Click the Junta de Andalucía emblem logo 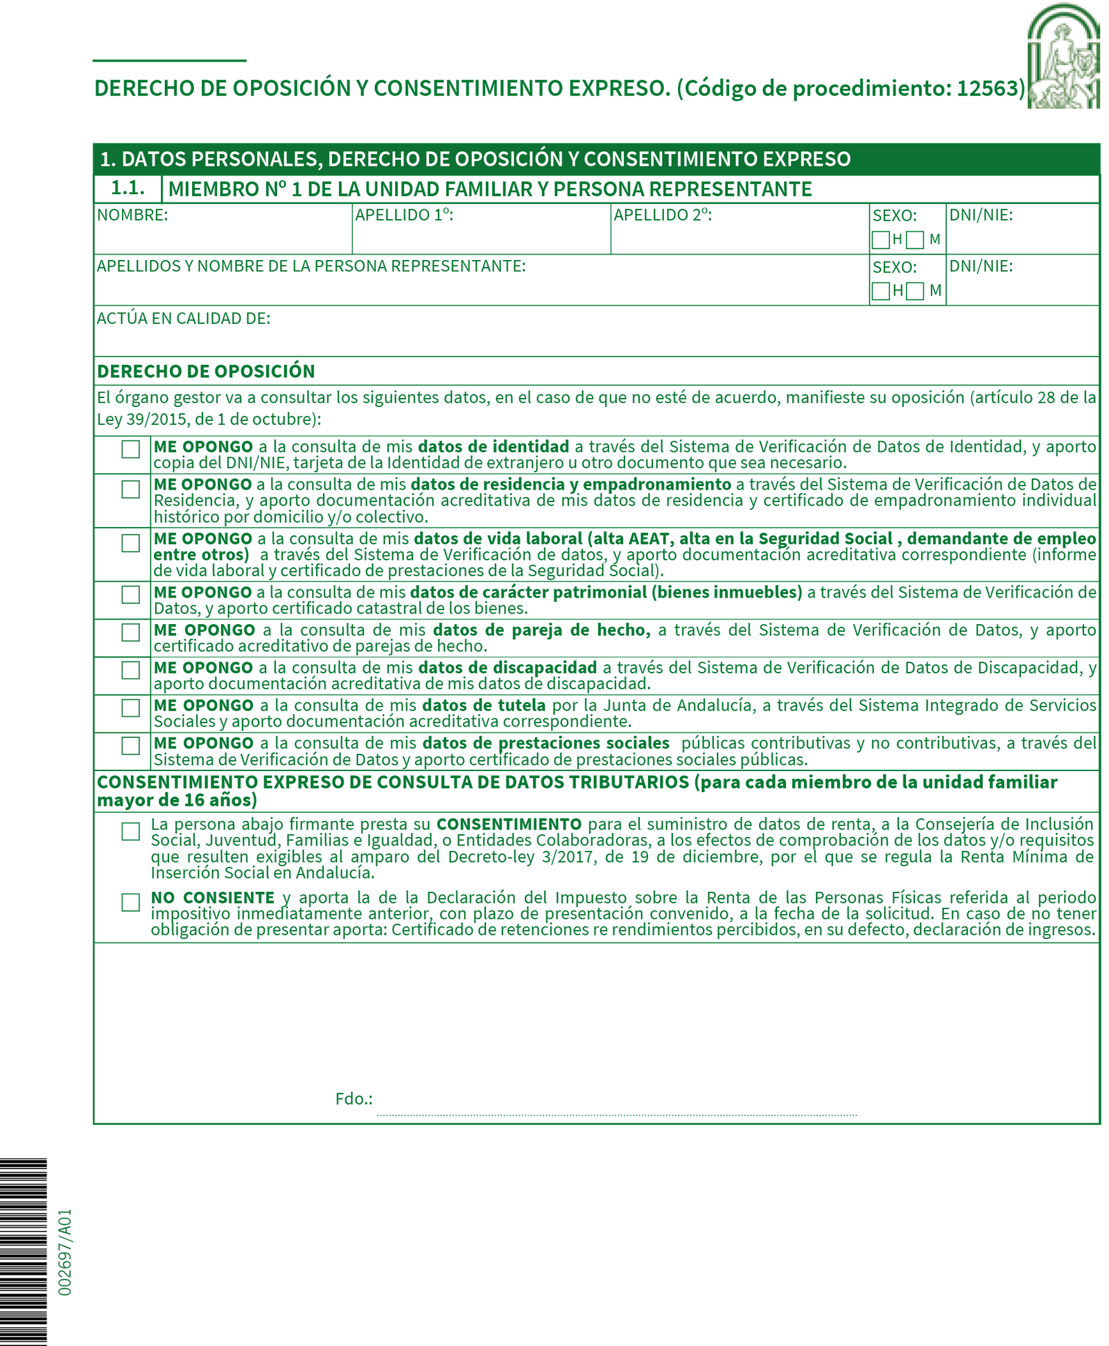pyautogui.click(x=1063, y=56)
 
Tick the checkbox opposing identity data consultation pyautogui.click(x=130, y=449)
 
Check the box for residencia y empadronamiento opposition pyautogui.click(x=130, y=489)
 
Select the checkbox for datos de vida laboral pyautogui.click(x=130, y=543)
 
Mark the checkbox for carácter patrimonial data pyautogui.click(x=130, y=594)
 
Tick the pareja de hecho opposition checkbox pyautogui.click(x=130, y=632)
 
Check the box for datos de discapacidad pyautogui.click(x=130, y=670)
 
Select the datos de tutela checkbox pyautogui.click(x=130, y=707)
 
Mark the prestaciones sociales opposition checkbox pyautogui.click(x=130, y=745)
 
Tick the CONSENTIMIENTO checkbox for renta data pyautogui.click(x=130, y=831)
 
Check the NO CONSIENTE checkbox pyautogui.click(x=130, y=902)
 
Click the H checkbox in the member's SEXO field pyautogui.click(x=880, y=240)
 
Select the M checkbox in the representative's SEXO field pyautogui.click(x=915, y=291)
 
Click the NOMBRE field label pyautogui.click(x=132, y=215)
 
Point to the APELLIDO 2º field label pyautogui.click(x=663, y=215)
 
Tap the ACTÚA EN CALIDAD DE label pyautogui.click(x=184, y=318)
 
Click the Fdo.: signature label pyautogui.click(x=353, y=1098)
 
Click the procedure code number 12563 pyautogui.click(x=990, y=88)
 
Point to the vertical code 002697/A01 pyautogui.click(x=64, y=1252)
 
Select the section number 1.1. pyautogui.click(x=128, y=188)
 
